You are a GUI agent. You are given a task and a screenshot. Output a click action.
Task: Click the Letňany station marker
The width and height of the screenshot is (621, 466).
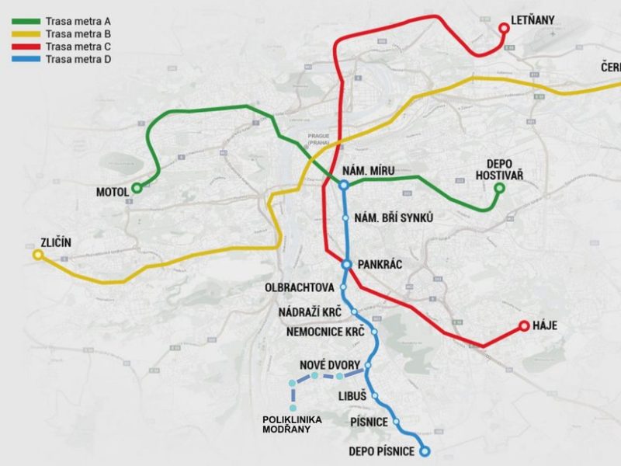coord(504,28)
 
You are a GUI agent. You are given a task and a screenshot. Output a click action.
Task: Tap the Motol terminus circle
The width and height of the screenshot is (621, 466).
coord(137,187)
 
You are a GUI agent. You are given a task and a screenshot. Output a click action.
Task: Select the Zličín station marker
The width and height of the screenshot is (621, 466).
coord(37,255)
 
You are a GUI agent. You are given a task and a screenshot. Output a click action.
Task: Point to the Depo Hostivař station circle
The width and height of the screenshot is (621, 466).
coord(499,188)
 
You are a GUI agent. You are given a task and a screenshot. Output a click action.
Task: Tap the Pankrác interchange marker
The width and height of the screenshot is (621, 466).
coord(347,264)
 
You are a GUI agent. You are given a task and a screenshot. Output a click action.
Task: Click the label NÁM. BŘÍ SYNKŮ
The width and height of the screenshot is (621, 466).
coord(392,218)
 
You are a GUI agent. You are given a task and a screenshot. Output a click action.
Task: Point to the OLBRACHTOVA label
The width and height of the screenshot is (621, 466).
coord(299,287)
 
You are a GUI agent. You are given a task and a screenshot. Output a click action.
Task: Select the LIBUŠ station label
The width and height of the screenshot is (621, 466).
coord(352,396)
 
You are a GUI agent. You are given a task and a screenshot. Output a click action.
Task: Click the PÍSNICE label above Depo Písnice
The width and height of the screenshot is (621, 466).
coord(366,422)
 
